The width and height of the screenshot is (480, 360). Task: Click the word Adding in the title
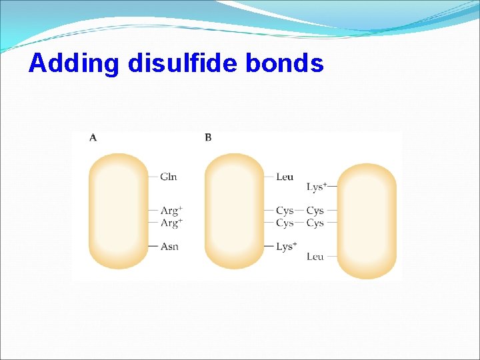(74, 63)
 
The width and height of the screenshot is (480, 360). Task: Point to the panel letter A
(93, 137)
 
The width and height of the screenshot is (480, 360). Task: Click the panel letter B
(208, 137)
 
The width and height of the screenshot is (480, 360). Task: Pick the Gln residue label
(169, 177)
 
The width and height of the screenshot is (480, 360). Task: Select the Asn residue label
(169, 247)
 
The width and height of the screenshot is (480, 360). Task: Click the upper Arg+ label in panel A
(171, 211)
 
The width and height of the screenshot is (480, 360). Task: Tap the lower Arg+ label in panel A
(171, 223)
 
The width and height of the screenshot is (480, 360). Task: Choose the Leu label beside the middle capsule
(285, 177)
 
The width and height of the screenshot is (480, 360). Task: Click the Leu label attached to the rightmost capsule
(315, 257)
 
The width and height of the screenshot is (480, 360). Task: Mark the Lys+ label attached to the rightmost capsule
(316, 187)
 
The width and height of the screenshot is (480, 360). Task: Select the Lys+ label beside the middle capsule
(287, 247)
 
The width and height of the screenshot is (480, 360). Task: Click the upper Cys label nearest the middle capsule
(285, 211)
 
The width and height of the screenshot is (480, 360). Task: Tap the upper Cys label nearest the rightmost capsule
(315, 211)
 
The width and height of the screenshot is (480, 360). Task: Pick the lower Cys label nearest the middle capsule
(285, 223)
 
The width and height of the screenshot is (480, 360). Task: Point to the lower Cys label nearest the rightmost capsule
(315, 223)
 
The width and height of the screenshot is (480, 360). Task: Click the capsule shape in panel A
(119, 211)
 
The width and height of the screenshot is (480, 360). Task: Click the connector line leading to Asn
(153, 247)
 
